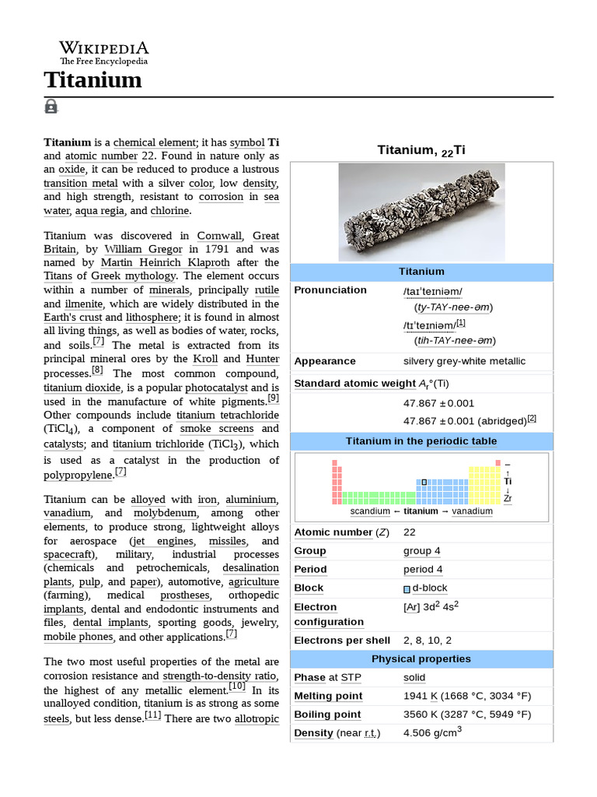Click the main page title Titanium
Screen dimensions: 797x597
[x=93, y=80]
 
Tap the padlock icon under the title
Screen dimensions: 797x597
[x=51, y=107]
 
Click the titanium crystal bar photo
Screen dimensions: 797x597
[x=421, y=212]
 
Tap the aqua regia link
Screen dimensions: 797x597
[x=98, y=210]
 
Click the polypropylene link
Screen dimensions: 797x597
[x=79, y=475]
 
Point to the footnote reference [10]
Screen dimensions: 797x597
[x=237, y=686]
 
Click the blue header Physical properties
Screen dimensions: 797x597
[x=421, y=658]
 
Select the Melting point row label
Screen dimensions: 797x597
[x=327, y=696]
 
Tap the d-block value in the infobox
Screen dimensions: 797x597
[x=429, y=588]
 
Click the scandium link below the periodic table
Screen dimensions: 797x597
[x=370, y=511]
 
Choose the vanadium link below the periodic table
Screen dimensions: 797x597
[x=472, y=511]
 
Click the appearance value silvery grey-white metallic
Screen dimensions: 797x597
[x=464, y=361]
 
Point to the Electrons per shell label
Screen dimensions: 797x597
[x=342, y=640]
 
